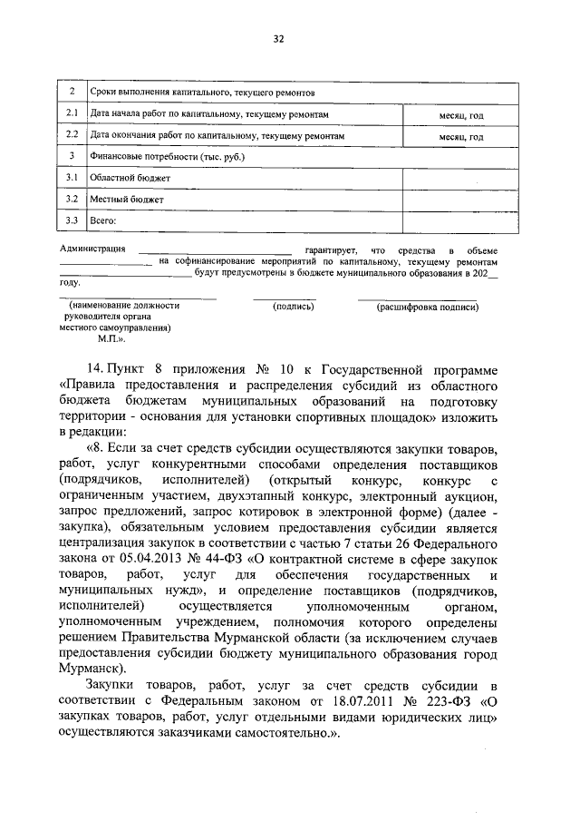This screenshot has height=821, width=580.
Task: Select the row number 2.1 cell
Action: pos(72,115)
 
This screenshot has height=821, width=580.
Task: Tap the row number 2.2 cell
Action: pos(72,136)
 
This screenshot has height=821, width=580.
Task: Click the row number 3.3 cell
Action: pos(72,219)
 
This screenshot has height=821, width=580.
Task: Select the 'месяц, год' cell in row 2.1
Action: pos(461,116)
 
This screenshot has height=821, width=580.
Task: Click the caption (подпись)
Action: pos(293,307)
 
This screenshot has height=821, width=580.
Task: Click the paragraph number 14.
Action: pos(92,370)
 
